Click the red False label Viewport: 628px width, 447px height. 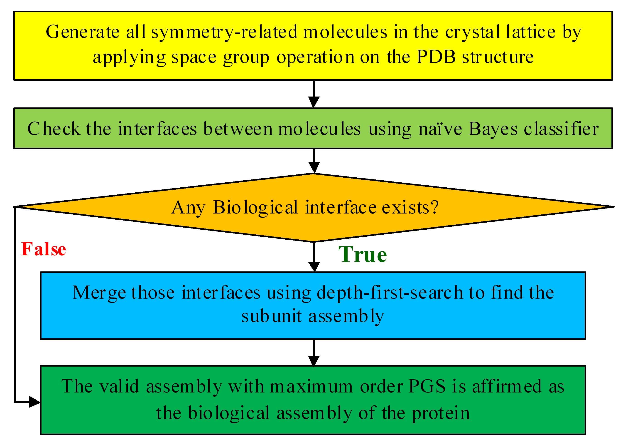click(x=44, y=249)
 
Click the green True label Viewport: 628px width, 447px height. click(x=362, y=254)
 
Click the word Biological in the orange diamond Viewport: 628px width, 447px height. click(x=255, y=208)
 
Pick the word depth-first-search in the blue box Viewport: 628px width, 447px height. click(x=390, y=293)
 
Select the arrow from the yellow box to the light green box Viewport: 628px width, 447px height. click(x=314, y=94)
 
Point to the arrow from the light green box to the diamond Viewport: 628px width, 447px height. click(x=314, y=161)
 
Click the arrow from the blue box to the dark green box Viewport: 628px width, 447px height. click(x=314, y=352)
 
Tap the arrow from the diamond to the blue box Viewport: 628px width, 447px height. click(x=314, y=257)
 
